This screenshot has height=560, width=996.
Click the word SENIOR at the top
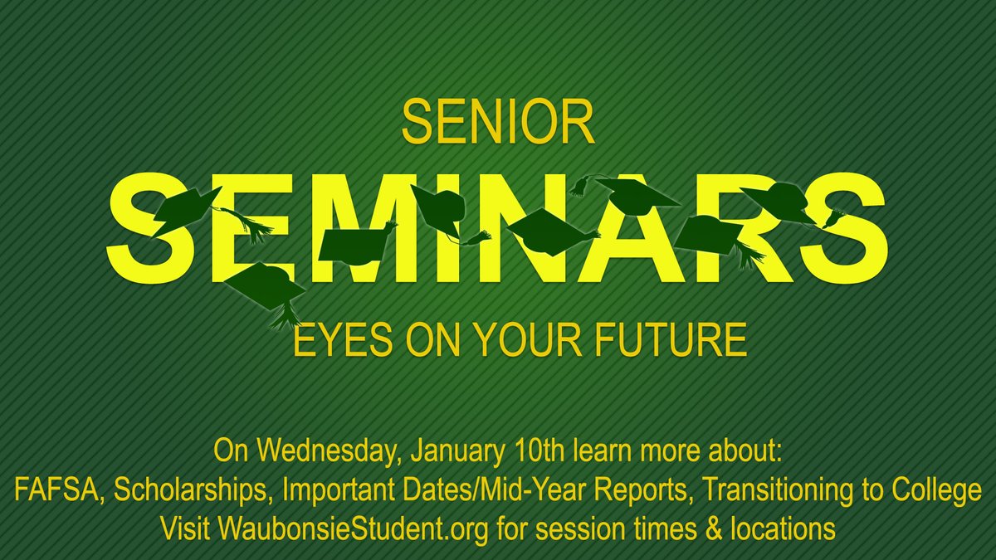[498, 122]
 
